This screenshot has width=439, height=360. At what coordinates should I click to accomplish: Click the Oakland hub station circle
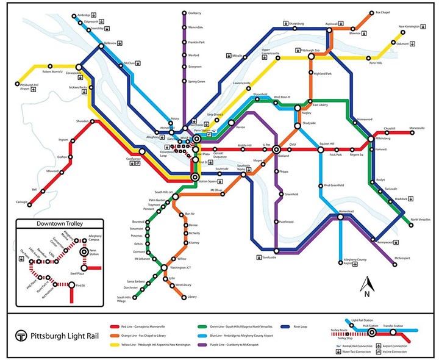point(276,149)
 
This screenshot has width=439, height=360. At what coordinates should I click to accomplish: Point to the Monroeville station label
point(417,129)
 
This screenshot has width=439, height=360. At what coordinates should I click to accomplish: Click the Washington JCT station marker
point(164,267)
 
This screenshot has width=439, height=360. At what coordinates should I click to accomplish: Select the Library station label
point(193,297)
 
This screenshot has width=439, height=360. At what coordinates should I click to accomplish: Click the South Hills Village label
point(126,300)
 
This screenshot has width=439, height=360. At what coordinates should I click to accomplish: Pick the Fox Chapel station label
point(382,12)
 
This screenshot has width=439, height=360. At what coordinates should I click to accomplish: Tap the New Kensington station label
point(410,27)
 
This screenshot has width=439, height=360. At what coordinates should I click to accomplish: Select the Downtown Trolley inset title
point(60,223)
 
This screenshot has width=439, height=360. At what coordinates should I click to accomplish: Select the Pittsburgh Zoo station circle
point(311,56)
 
